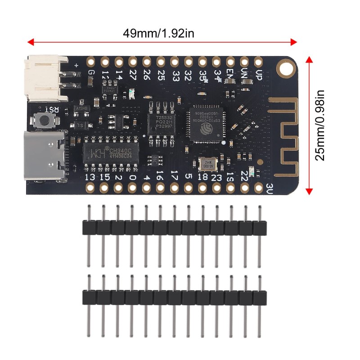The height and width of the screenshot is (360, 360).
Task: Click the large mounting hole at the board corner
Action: pyautogui.click(x=285, y=69)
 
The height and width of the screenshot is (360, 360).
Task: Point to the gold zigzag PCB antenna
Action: pyautogui.click(x=284, y=135)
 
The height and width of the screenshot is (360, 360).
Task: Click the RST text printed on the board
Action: pyautogui.click(x=53, y=109)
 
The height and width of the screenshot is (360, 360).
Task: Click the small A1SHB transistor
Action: pyautogui.click(x=83, y=109)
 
